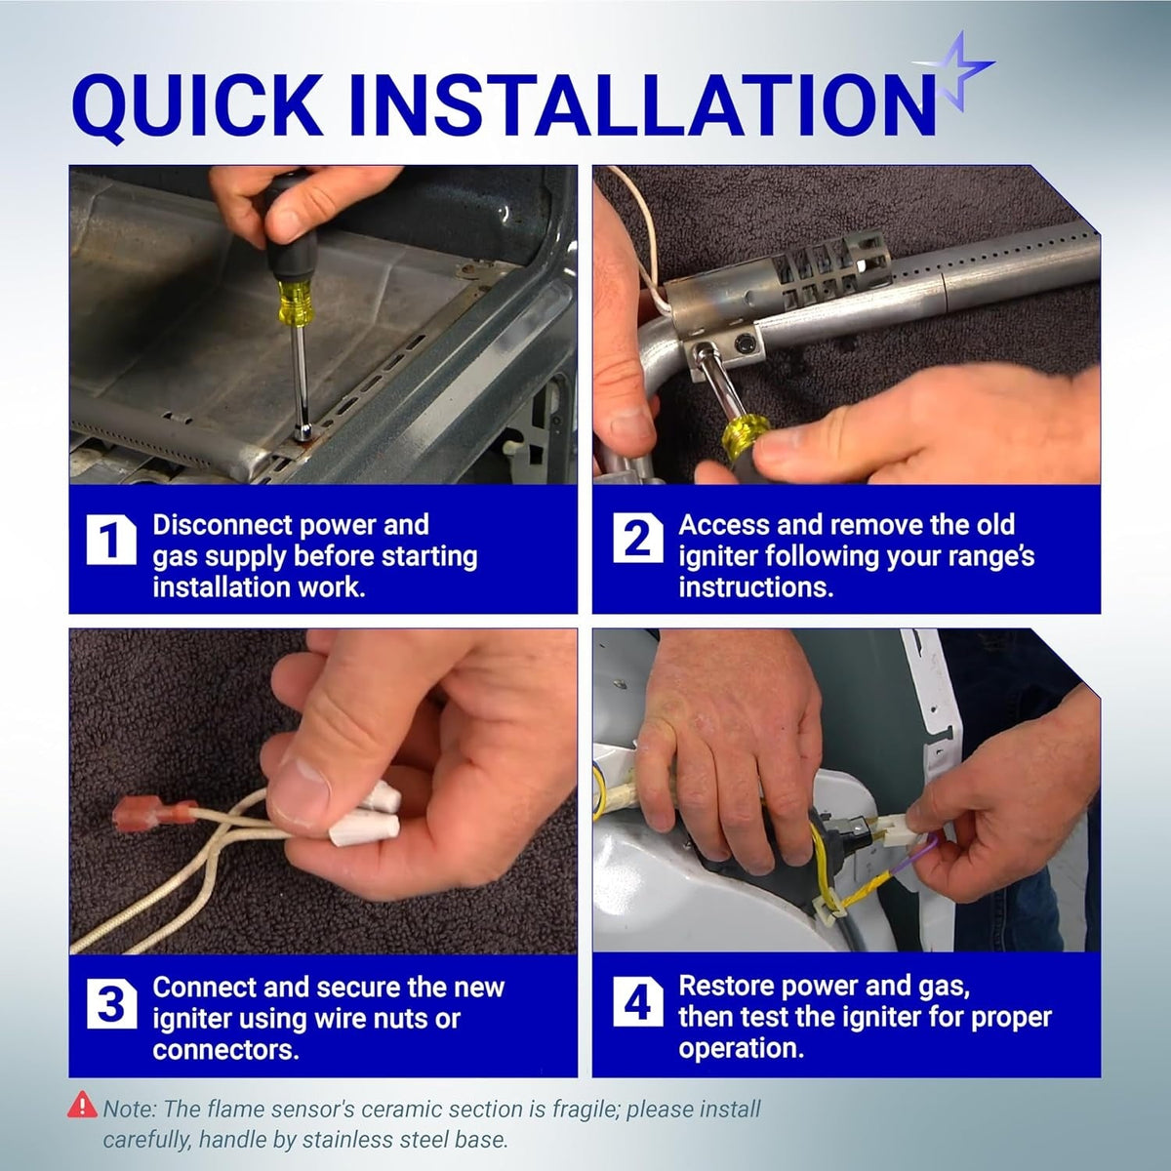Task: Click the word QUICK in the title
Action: pyautogui.click(x=197, y=104)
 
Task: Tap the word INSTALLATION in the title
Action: pyautogui.click(x=643, y=104)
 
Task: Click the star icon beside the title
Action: pyautogui.click(x=957, y=71)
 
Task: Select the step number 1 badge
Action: pyautogui.click(x=111, y=540)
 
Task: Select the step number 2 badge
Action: pyautogui.click(x=637, y=538)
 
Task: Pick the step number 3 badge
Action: pyautogui.click(x=111, y=1003)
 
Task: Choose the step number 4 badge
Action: pyautogui.click(x=637, y=1001)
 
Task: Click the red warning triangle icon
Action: pyautogui.click(x=82, y=1104)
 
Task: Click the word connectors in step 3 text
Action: pyautogui.click(x=226, y=1050)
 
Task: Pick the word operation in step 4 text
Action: pyautogui.click(x=742, y=1049)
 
